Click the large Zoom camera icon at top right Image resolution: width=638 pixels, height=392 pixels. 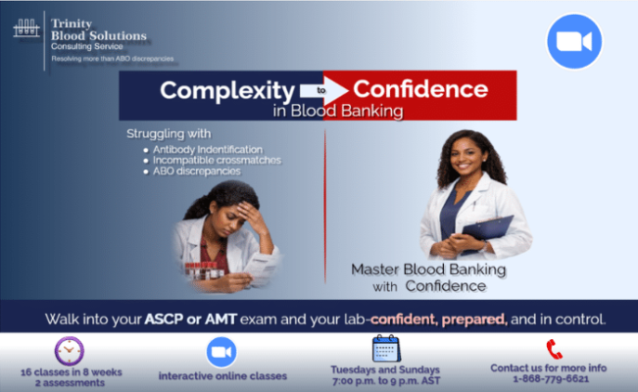574,41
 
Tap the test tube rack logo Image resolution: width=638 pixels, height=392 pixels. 26,28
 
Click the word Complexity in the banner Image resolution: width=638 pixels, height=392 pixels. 227,91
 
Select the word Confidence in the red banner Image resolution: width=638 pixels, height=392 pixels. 420,89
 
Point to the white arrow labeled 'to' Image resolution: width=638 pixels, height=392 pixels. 323,90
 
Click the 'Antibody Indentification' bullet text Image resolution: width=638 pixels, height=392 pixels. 208,149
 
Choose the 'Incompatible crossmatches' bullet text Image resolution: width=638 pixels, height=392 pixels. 217,160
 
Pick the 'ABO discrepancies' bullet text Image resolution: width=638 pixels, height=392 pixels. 197,171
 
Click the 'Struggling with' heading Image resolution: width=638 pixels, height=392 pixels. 169,133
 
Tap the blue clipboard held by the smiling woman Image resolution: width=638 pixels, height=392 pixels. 488,229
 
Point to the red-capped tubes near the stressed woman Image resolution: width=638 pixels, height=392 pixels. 204,270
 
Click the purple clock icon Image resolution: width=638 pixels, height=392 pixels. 70,351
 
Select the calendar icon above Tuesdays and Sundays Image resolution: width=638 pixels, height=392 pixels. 386,349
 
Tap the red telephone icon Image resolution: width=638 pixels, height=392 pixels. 554,349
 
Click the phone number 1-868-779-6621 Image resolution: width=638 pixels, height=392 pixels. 551,379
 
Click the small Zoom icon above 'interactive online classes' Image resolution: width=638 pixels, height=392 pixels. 221,352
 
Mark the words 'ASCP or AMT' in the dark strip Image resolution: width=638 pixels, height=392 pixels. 190,319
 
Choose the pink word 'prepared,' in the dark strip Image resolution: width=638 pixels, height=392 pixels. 474,319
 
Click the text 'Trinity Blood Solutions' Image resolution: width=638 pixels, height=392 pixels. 98,29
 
